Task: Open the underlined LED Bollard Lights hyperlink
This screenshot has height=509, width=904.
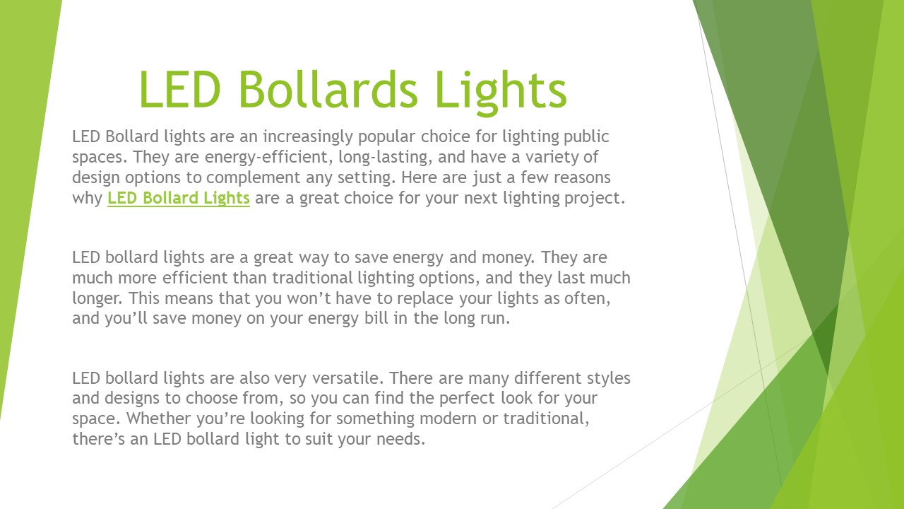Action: pyautogui.click(x=179, y=198)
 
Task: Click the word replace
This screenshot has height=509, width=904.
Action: pyautogui.click(x=381, y=298)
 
